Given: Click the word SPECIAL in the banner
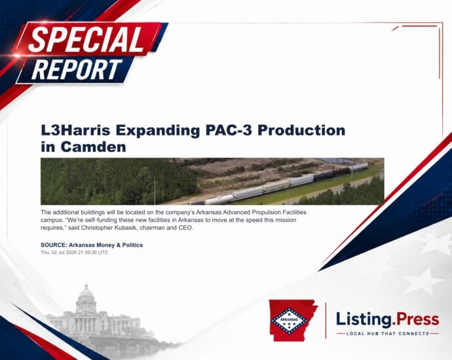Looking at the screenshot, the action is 86,39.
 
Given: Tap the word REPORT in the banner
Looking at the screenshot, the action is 77,69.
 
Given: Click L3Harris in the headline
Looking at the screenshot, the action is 75,130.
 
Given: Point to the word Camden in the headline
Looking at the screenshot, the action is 93,147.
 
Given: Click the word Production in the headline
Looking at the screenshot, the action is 301,130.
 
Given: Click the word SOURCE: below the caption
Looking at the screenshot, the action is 54,245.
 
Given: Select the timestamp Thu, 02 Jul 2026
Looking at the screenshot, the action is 59,253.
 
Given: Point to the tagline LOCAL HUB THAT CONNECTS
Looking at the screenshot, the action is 388,334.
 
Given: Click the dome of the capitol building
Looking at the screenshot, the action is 86,293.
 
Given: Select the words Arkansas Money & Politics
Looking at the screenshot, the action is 105,245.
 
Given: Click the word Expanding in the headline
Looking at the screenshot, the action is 158,130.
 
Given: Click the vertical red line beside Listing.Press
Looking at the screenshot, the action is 326,321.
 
